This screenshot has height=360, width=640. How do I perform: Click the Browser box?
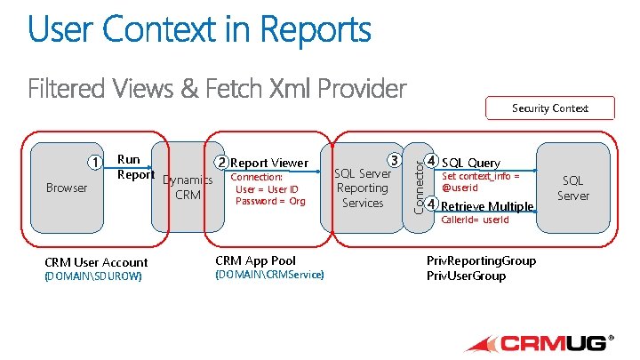(67, 188)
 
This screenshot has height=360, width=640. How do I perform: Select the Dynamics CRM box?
(188, 188)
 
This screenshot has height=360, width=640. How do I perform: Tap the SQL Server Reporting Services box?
(363, 188)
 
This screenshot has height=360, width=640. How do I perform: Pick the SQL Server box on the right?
(572, 188)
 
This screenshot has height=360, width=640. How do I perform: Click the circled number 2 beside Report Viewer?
(220, 163)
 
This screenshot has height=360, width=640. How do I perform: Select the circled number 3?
(392, 161)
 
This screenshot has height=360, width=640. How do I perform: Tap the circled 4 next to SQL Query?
(431, 162)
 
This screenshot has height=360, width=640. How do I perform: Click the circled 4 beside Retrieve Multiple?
(431, 204)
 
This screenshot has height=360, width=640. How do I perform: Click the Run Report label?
(130, 167)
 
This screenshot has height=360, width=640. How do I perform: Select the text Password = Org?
(270, 201)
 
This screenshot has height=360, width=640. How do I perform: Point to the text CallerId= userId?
(476, 220)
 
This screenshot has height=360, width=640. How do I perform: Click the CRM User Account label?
(96, 262)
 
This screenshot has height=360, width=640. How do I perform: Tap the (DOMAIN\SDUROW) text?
(92, 276)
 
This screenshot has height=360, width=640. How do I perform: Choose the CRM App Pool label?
(256, 260)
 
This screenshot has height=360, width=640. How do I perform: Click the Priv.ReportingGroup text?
(481, 260)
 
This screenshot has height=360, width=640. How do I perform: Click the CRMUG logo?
(539, 342)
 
